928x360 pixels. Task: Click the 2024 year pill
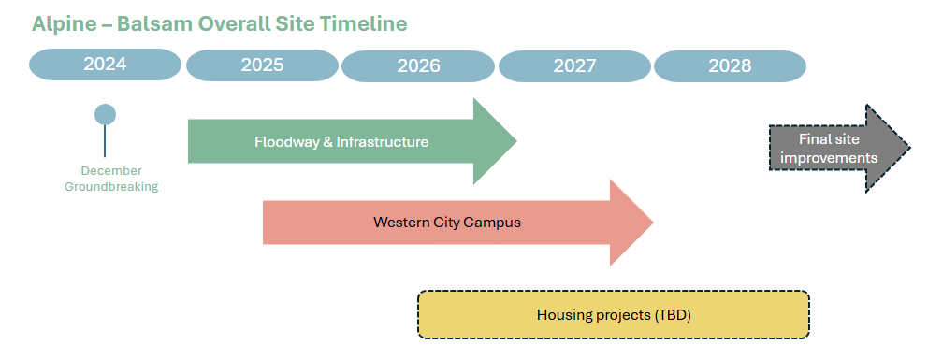tap(106, 65)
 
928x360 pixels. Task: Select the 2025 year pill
tap(262, 65)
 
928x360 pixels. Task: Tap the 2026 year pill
tap(418, 66)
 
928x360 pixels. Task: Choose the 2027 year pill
tap(574, 66)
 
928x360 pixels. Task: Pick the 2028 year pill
tap(730, 66)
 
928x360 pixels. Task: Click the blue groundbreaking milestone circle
tap(106, 115)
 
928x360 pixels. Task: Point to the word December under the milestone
tap(111, 171)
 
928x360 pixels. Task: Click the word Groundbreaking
tap(111, 187)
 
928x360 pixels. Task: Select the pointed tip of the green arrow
tap(516, 140)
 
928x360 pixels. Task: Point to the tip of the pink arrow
tap(653, 223)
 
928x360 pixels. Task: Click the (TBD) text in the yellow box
tap(673, 315)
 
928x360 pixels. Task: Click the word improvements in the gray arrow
tap(837, 158)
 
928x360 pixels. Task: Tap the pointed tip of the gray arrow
tap(909, 148)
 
